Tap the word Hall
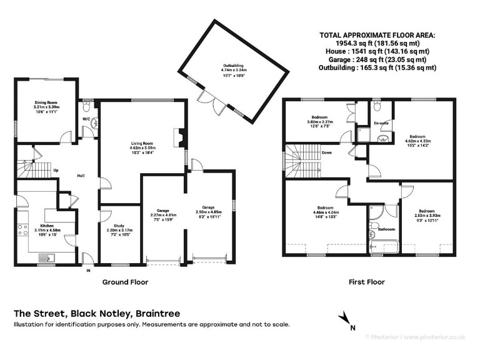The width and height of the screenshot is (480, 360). [x=81, y=176]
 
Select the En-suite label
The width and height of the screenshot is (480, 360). [x=381, y=123]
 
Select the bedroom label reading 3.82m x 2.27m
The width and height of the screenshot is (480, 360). [x=319, y=121]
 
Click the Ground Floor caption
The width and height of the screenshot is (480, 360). [x=125, y=282]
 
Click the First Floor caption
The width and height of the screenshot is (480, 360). [x=366, y=282]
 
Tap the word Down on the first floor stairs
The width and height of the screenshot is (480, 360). [x=326, y=152]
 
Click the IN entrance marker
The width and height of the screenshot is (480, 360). [x=88, y=270]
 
